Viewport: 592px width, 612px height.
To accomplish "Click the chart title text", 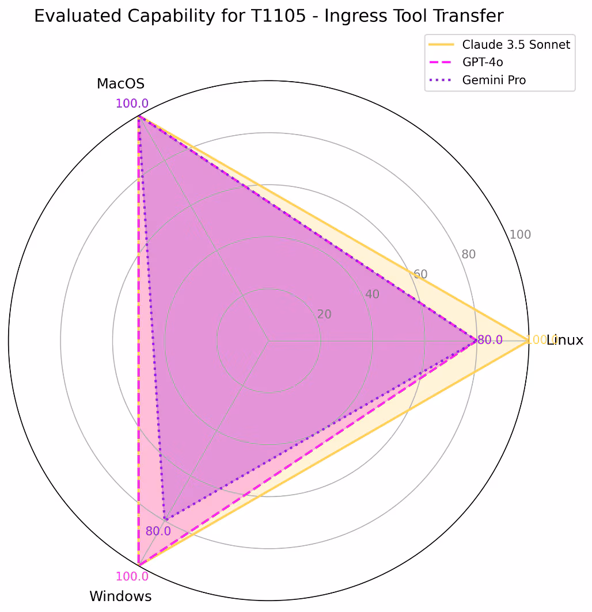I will pos(268,16).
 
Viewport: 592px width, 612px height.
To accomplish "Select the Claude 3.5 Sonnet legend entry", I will pos(517,44).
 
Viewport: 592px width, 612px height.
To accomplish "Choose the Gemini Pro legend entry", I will pos(494,80).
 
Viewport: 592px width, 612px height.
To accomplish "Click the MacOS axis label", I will pos(120,84).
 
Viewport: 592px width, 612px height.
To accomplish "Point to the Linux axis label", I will pos(565,340).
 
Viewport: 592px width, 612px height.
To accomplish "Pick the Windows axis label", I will pos(120,596).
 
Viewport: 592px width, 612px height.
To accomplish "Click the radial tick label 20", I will pos(324,314).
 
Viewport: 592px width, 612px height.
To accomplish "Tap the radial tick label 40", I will pos(372,294).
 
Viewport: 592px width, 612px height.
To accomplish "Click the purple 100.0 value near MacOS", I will pos(132,104).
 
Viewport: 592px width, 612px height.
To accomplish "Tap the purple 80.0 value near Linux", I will pos(490,340).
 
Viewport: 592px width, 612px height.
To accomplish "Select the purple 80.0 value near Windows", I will pos(158,531).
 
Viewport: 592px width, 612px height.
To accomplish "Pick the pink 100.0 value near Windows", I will pos(132,576).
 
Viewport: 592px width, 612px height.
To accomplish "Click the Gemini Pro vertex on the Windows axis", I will pos(164,520).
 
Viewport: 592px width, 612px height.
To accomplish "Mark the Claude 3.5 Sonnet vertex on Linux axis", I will pos(528,341).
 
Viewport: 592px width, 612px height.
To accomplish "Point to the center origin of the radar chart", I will pos(268,341).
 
